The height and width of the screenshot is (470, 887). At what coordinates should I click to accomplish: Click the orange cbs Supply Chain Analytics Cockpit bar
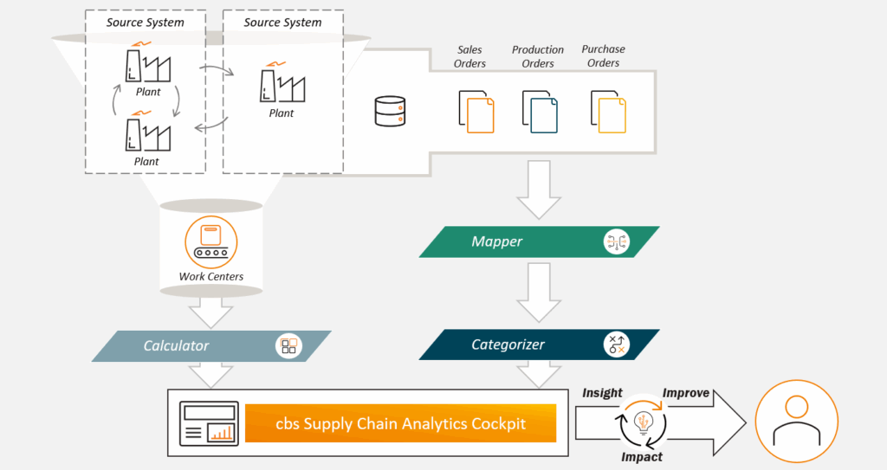(x=400, y=424)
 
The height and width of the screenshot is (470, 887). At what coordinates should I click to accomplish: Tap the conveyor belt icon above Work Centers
(x=211, y=241)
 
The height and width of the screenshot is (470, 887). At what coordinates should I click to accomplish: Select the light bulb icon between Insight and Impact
(x=643, y=422)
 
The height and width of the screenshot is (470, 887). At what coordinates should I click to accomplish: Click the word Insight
(x=602, y=393)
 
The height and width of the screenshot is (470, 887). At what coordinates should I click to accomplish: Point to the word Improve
(x=686, y=393)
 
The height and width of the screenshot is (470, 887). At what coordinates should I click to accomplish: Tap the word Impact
(x=642, y=456)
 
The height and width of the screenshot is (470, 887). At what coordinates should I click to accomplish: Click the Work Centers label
(x=211, y=277)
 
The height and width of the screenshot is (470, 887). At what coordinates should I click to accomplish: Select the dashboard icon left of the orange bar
(x=208, y=423)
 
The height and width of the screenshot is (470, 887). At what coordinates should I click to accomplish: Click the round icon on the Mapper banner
(x=616, y=242)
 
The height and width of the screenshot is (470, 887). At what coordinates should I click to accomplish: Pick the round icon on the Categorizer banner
(x=616, y=344)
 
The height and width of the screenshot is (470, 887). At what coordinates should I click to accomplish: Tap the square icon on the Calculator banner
(x=288, y=346)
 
